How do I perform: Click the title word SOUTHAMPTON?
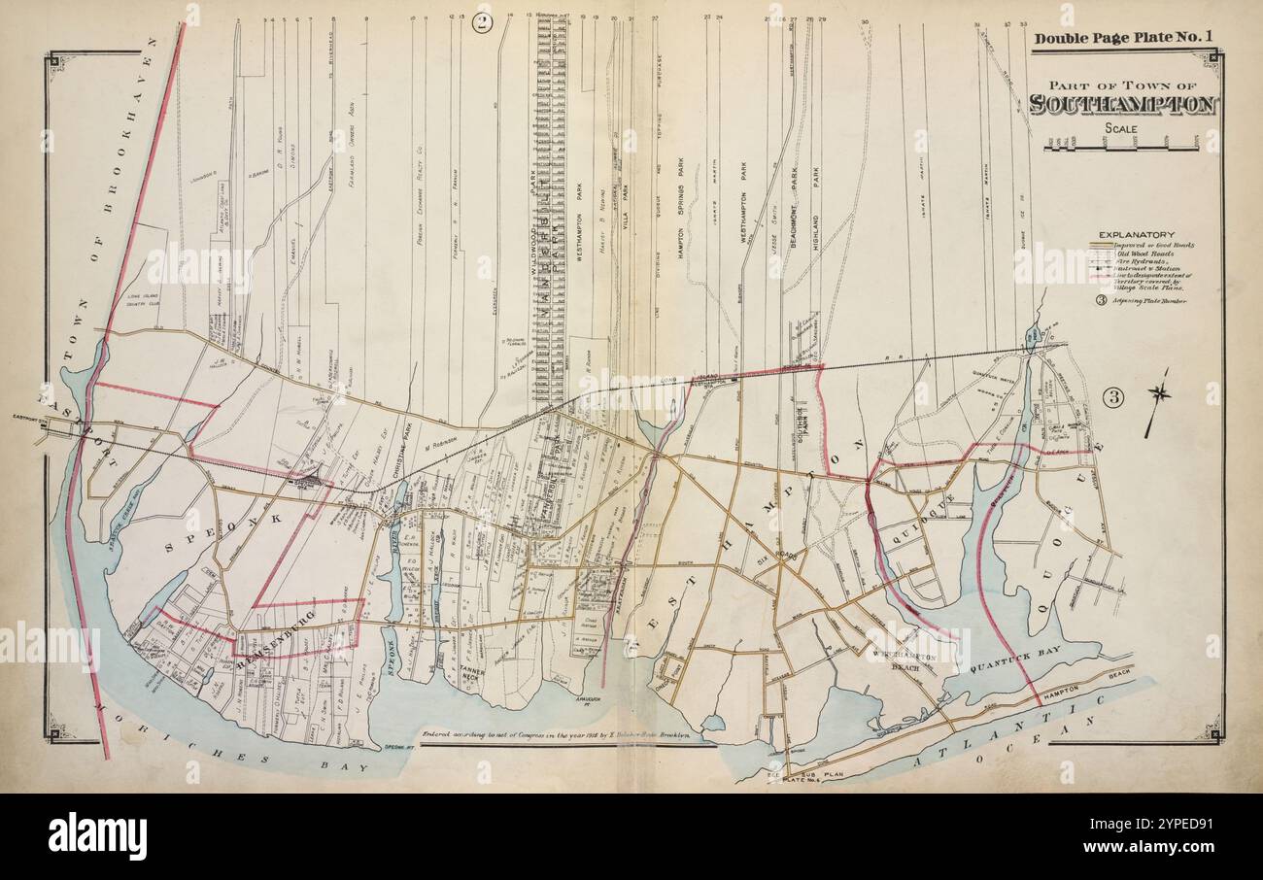click(x=1122, y=105)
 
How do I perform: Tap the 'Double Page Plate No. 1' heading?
click(x=1123, y=39)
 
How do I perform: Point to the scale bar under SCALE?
click(x=1120, y=146)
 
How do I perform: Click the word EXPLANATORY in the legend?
click(x=1136, y=234)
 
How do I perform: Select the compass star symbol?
click(x=1158, y=393)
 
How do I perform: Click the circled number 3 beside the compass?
click(x=1113, y=396)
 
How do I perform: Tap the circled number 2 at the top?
click(x=482, y=23)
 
